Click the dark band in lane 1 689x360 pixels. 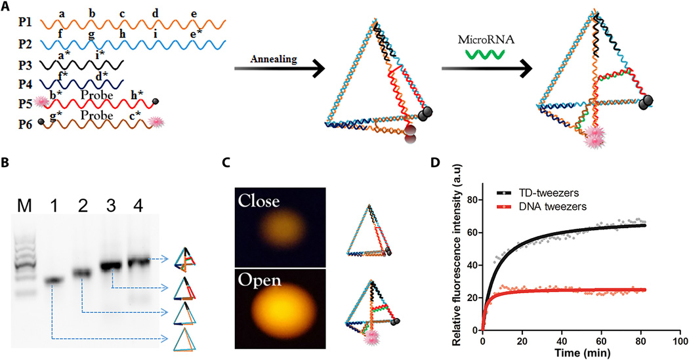click(53, 281)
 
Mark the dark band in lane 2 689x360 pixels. click(82, 271)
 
